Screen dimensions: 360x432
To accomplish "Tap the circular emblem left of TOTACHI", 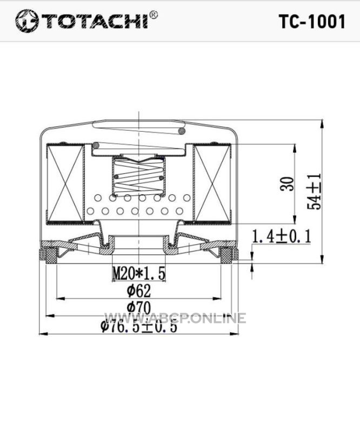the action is coord(26,21).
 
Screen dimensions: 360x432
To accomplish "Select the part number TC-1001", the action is coord(312,22).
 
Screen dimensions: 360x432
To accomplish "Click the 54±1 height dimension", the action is coord(314,191).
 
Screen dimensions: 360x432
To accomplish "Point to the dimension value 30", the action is coord(287,184).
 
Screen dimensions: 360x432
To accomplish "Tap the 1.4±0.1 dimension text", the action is coord(282,237).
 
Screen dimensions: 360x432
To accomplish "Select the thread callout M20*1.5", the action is coord(139,273).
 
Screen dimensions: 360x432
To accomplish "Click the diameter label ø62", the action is coord(139,291).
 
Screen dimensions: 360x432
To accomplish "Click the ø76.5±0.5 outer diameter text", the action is coord(139,326).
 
